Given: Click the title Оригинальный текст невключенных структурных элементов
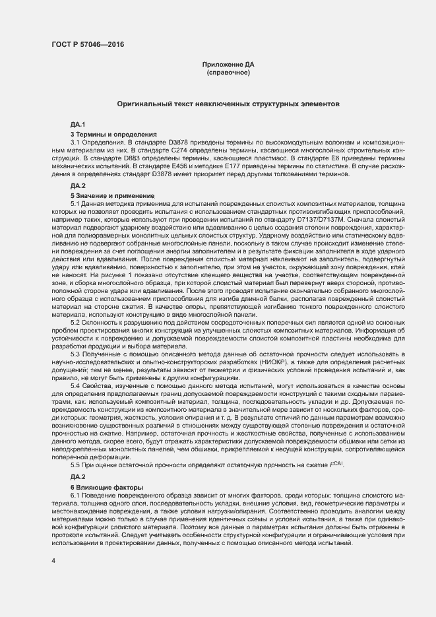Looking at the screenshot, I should pyautogui.click(x=228, y=104).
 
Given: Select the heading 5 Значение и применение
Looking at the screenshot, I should pyautogui.click(x=111, y=197).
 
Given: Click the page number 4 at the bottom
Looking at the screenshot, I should pyautogui.click(x=54, y=561).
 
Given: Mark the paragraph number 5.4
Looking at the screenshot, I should pyautogui.click(x=77, y=385).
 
